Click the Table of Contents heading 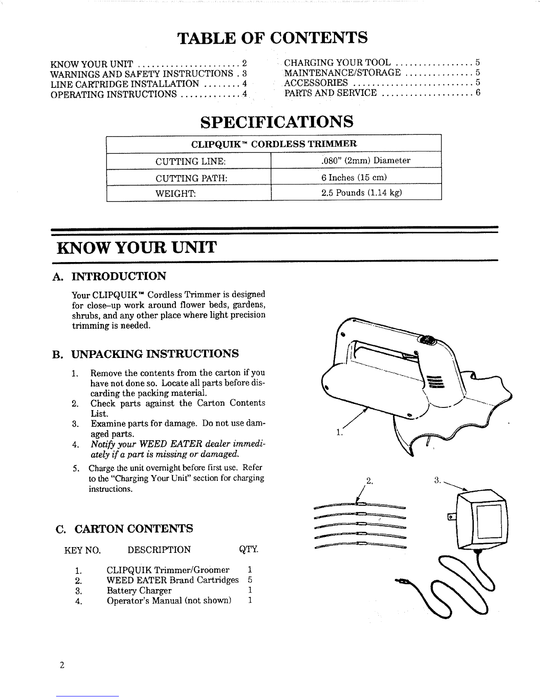point(272,38)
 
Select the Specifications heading point(277,122)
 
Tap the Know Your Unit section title point(137,247)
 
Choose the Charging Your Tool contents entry point(337,62)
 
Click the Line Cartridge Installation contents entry point(125,84)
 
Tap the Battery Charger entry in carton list point(139,591)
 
